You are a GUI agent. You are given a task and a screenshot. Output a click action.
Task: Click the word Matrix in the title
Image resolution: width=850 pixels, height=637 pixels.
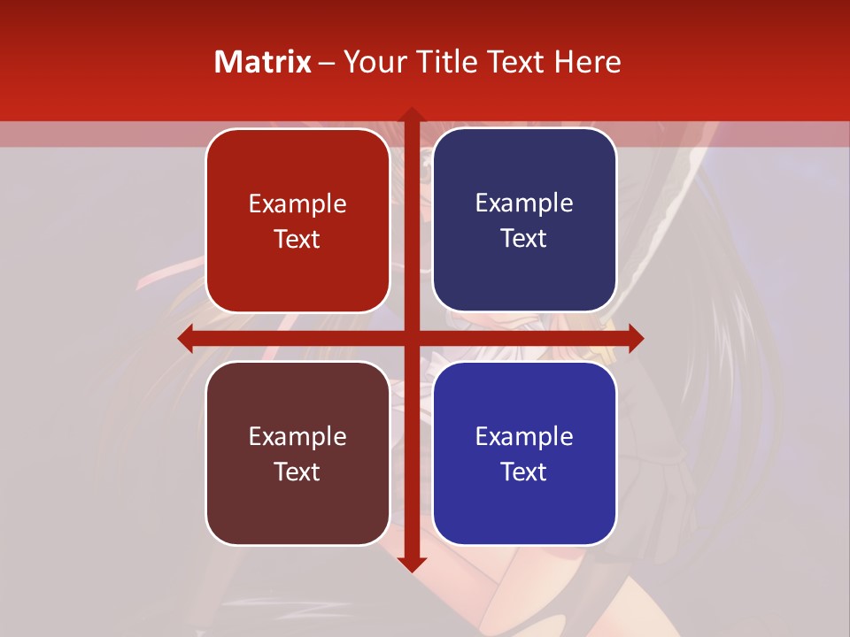tap(262, 62)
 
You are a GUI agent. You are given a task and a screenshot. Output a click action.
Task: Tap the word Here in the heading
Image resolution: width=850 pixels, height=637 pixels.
tap(588, 62)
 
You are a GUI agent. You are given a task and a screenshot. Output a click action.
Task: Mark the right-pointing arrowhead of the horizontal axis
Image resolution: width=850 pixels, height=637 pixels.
tap(635, 338)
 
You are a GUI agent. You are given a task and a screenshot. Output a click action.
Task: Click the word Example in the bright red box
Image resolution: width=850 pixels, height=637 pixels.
tap(297, 204)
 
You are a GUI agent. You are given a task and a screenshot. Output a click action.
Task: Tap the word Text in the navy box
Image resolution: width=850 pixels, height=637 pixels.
tap(524, 239)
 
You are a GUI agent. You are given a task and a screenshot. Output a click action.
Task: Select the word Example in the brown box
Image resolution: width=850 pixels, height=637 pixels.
tap(297, 436)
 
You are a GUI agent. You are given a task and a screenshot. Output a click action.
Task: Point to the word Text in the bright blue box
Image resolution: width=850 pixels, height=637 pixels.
tap(524, 472)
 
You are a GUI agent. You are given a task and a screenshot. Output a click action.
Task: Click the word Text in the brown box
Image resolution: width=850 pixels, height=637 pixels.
tap(297, 472)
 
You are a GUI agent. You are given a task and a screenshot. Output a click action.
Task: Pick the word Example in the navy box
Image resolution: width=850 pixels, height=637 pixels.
tap(524, 203)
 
